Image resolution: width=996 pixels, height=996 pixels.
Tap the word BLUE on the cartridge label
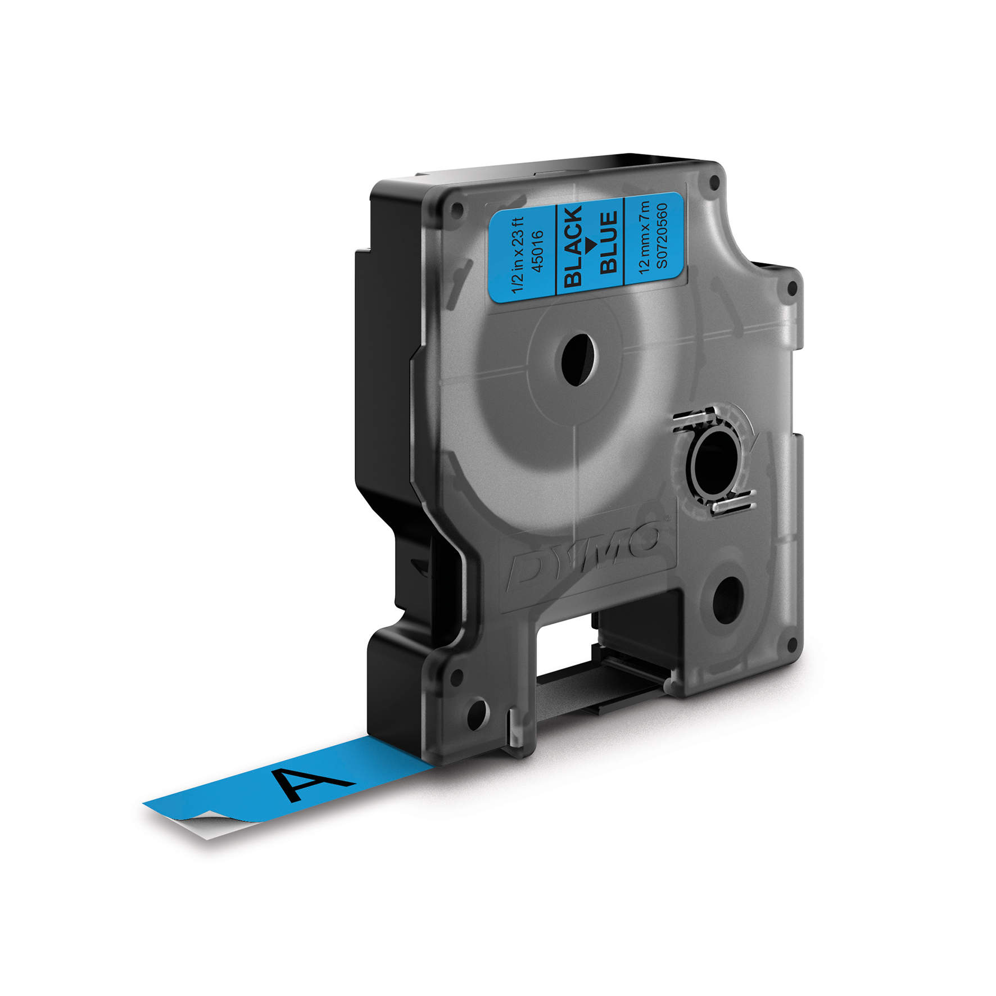(x=609, y=242)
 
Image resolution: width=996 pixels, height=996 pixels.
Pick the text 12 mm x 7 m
(x=645, y=237)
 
